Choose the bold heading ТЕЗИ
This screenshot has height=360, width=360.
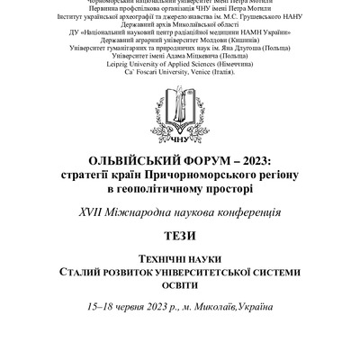(x=179, y=238)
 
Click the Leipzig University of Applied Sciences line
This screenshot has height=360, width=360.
(x=179, y=67)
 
